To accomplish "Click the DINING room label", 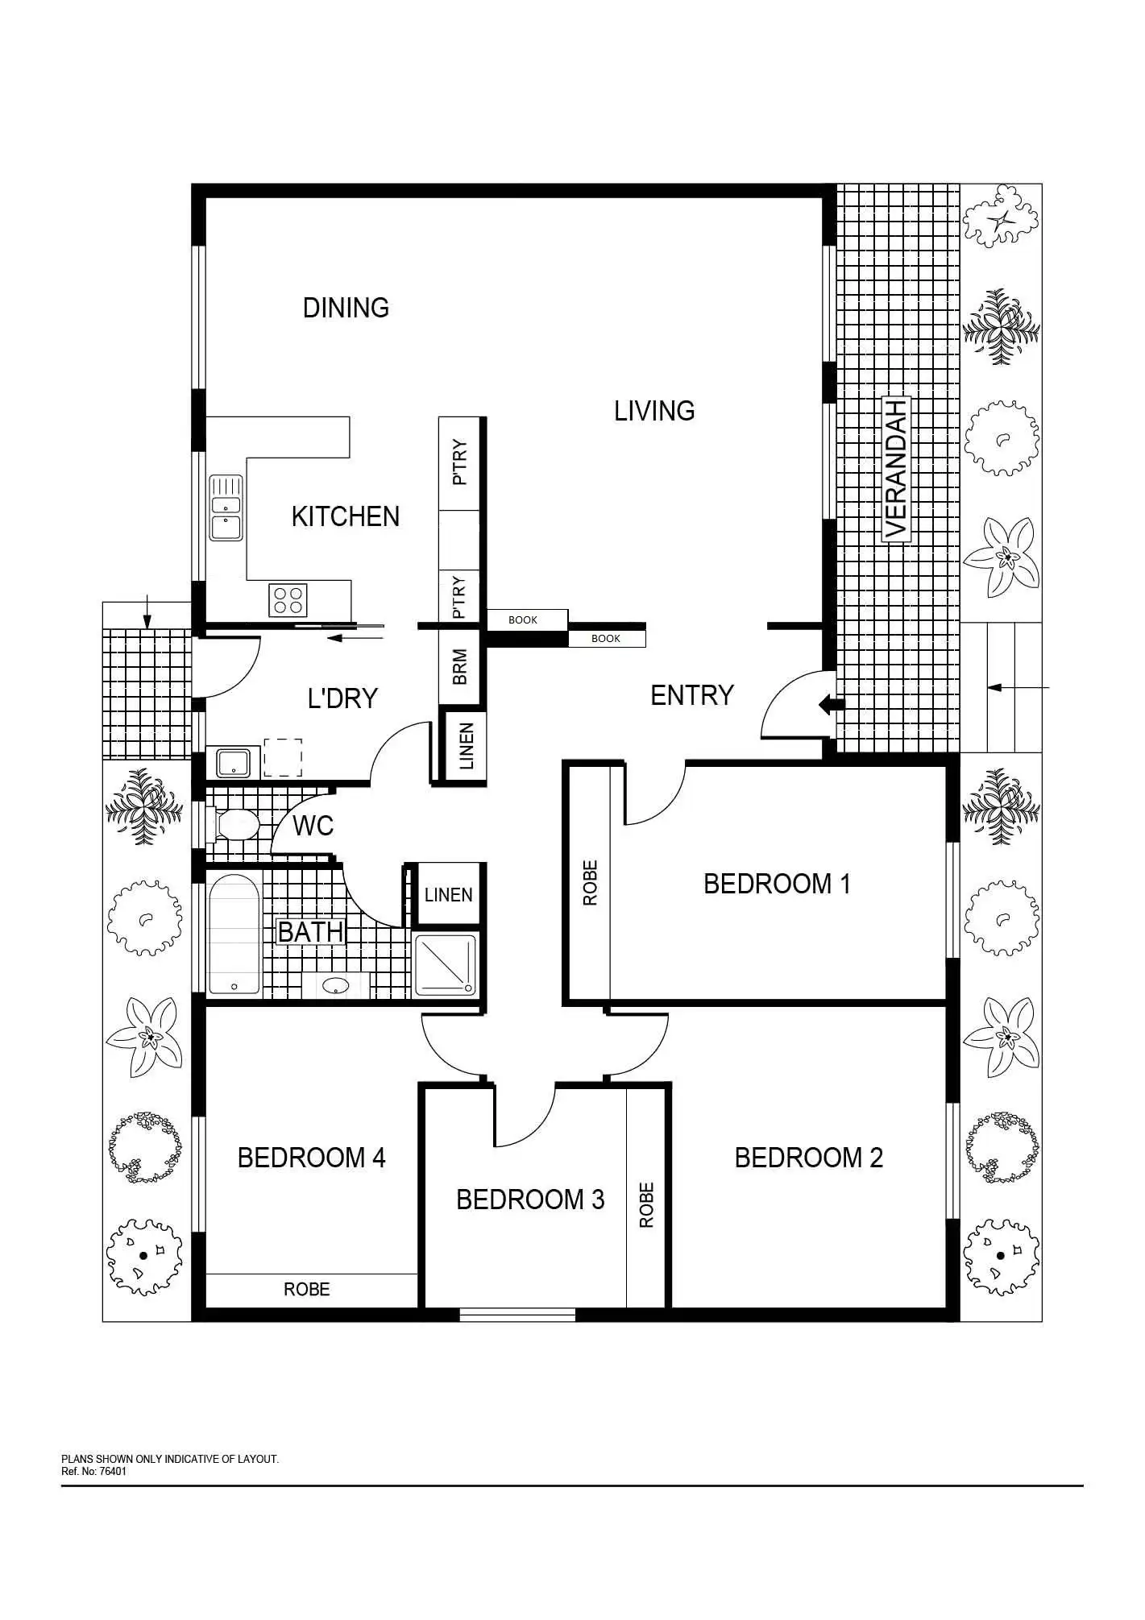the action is [346, 308].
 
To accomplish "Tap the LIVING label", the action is [654, 411].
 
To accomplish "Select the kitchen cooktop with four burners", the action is [288, 600].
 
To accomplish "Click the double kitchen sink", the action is [226, 508].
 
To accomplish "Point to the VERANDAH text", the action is [896, 468].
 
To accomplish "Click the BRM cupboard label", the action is [460, 667].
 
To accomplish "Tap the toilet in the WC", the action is [234, 825].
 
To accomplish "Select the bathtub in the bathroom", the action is [234, 934].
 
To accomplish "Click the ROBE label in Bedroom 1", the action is [591, 883].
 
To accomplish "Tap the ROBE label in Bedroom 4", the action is [307, 1289].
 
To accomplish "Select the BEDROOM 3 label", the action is [530, 1199].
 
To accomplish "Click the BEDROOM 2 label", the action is [809, 1158].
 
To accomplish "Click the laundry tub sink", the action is [234, 761].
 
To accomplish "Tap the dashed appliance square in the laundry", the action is [283, 757].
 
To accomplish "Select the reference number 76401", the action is [113, 1472].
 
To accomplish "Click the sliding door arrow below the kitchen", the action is [355, 639].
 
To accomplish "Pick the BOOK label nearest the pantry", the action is [523, 619].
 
